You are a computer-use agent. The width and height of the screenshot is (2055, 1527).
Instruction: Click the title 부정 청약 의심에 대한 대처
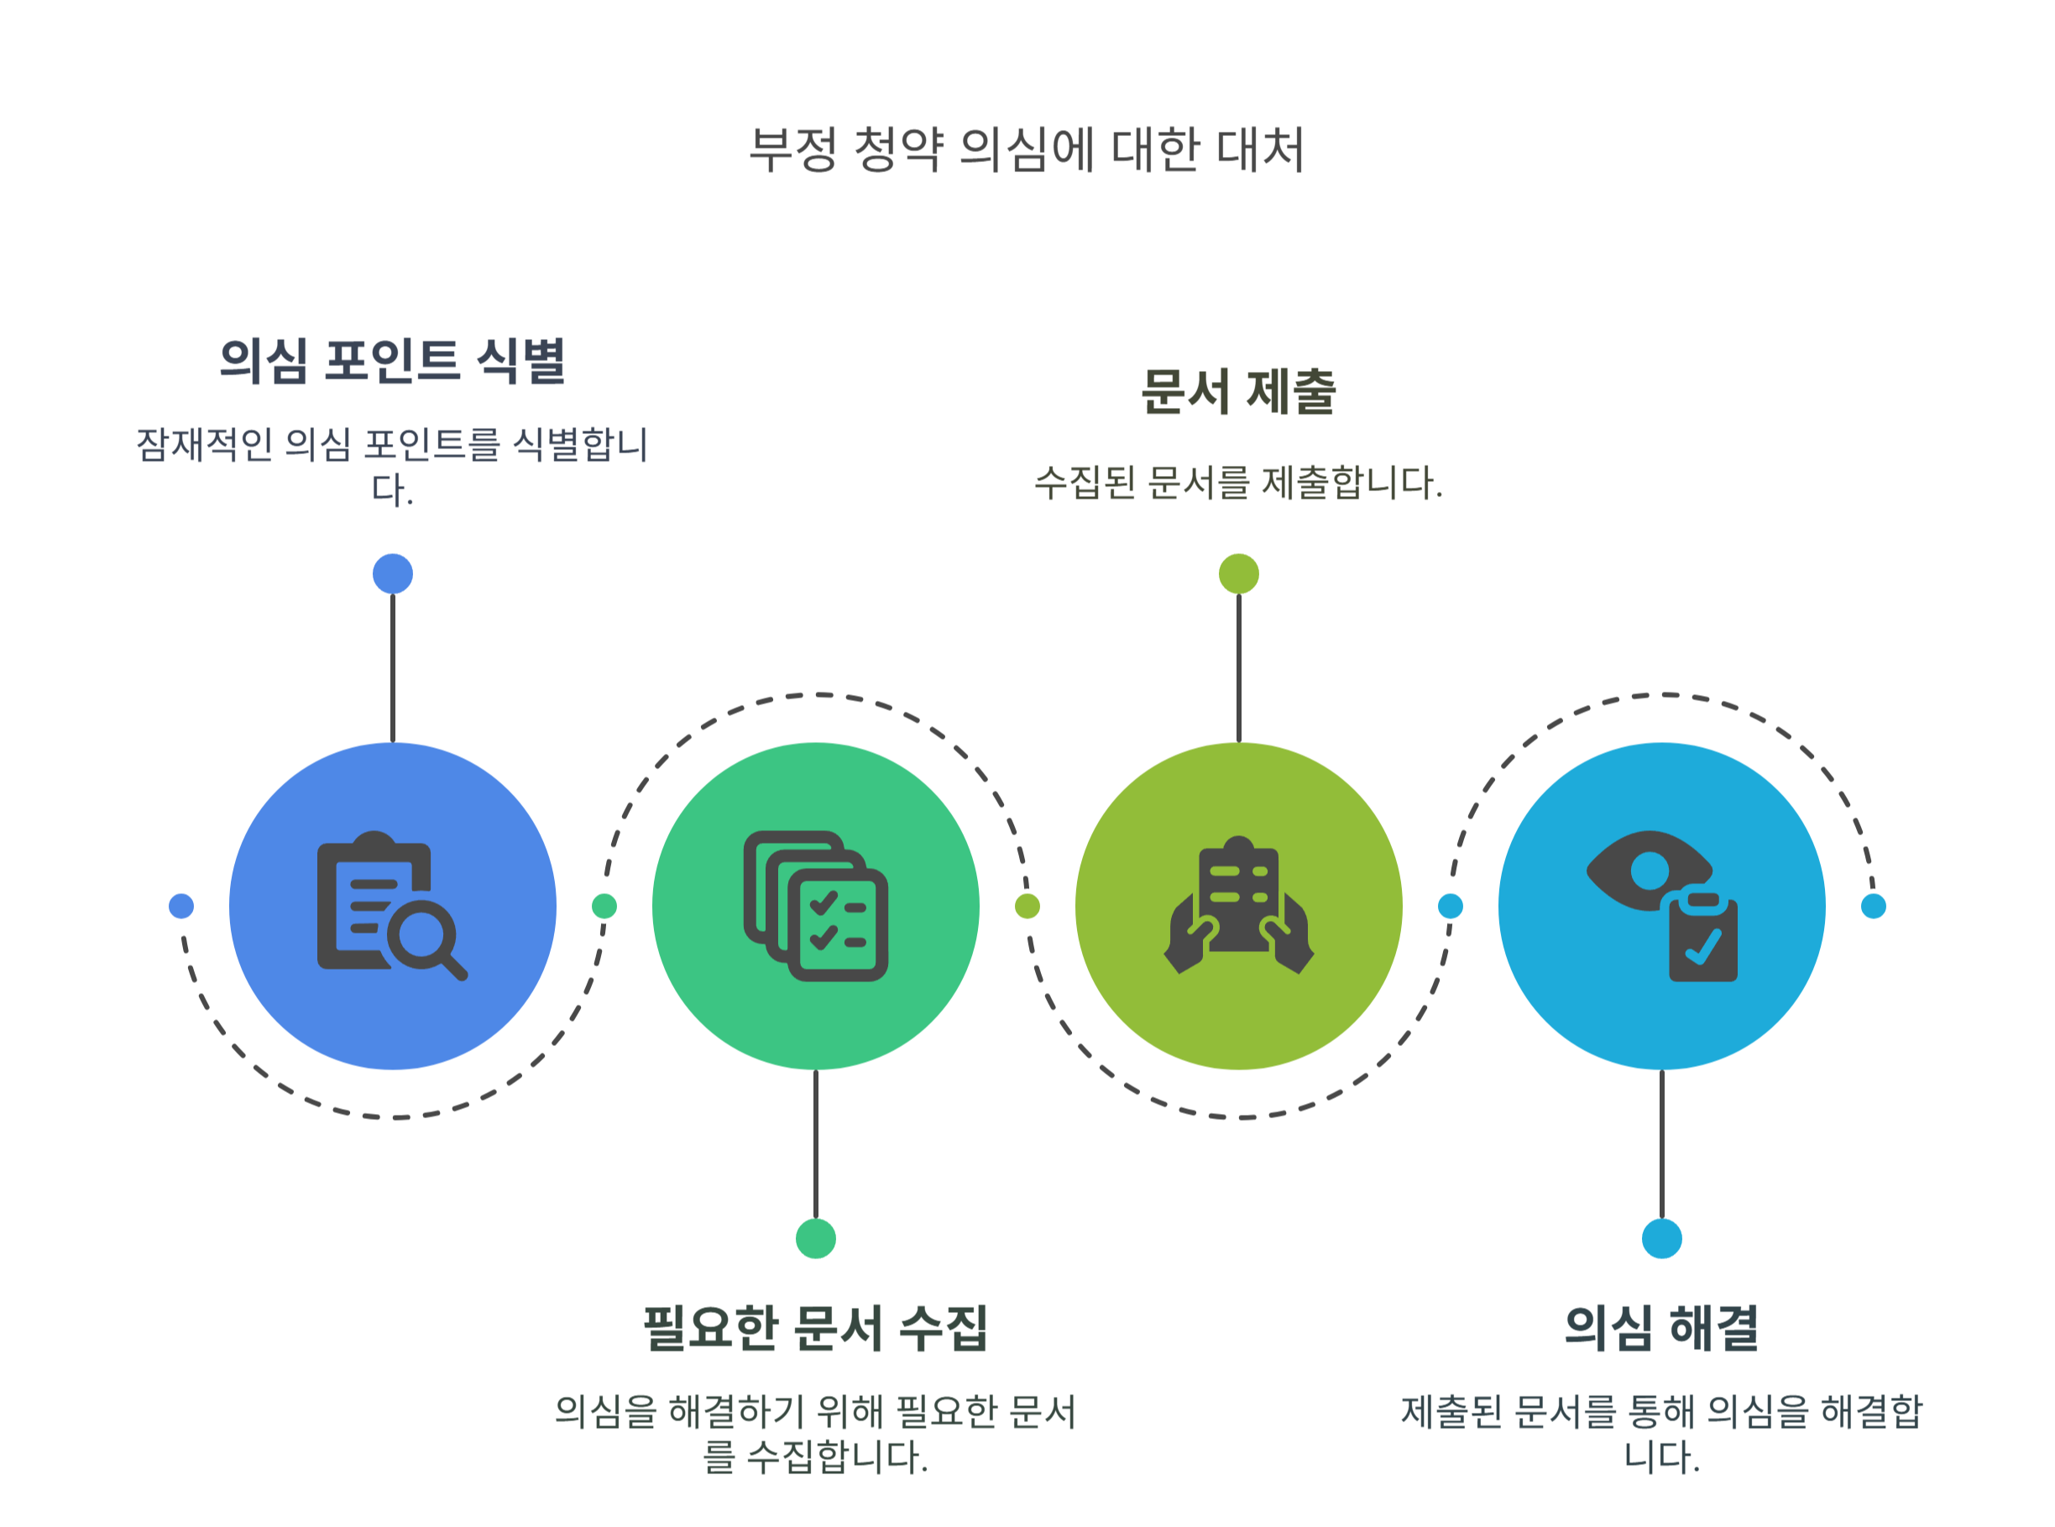click(1025, 149)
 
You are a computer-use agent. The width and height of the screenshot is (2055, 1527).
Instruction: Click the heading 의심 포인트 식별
click(392, 360)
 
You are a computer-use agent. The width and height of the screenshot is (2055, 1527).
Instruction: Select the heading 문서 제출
click(1238, 392)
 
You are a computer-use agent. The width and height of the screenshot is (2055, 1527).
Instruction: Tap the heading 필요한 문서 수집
click(815, 1328)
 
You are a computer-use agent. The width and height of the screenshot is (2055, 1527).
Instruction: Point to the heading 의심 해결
click(1660, 1328)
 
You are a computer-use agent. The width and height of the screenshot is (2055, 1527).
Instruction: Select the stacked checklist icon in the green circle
click(815, 906)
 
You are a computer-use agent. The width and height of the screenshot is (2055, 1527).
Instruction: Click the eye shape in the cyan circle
click(1645, 871)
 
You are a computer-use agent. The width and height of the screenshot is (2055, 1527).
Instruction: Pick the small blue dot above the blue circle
click(392, 574)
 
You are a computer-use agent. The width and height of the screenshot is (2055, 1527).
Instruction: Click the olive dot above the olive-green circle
click(1238, 574)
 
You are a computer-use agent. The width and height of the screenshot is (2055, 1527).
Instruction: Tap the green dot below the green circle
click(815, 1238)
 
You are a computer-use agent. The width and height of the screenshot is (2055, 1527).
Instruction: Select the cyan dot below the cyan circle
click(1661, 1238)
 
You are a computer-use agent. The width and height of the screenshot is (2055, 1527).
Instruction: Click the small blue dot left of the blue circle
click(181, 906)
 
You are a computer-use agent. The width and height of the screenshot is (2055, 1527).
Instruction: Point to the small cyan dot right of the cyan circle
click(1873, 906)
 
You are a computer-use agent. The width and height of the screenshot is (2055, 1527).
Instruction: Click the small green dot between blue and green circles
click(604, 906)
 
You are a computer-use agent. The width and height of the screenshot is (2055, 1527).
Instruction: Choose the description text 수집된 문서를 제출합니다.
click(1238, 483)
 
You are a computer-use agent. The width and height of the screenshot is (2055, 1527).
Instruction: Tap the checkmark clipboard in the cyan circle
click(1702, 939)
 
